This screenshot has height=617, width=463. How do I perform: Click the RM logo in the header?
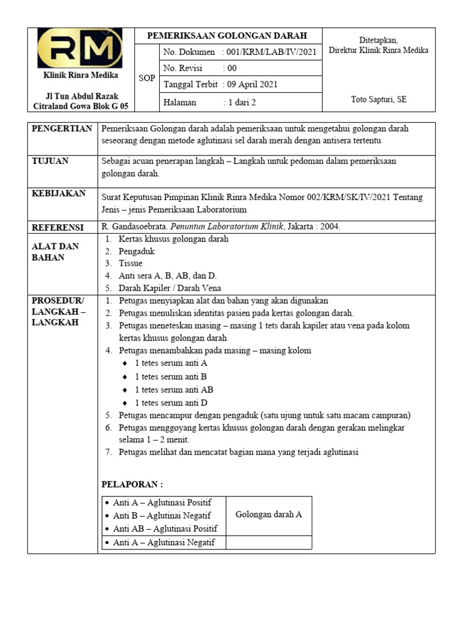(x=80, y=48)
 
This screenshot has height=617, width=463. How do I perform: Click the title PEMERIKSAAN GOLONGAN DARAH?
(x=227, y=36)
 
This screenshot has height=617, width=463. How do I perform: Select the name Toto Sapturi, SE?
(x=379, y=99)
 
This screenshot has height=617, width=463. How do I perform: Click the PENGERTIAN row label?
(x=62, y=129)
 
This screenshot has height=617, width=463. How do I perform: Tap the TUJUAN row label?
(x=50, y=161)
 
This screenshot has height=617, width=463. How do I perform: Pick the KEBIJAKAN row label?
(x=58, y=194)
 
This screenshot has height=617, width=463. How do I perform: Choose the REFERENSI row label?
(x=58, y=227)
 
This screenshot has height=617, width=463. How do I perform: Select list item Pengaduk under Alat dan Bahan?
(x=137, y=251)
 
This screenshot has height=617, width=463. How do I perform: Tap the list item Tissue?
(x=131, y=263)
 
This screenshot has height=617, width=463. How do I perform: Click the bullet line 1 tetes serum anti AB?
(x=174, y=390)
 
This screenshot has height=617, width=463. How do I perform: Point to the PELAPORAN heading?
(x=131, y=484)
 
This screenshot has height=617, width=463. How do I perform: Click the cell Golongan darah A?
(x=269, y=515)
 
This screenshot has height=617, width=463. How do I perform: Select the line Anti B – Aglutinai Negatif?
(x=162, y=516)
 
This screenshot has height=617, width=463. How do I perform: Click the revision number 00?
(x=232, y=68)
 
